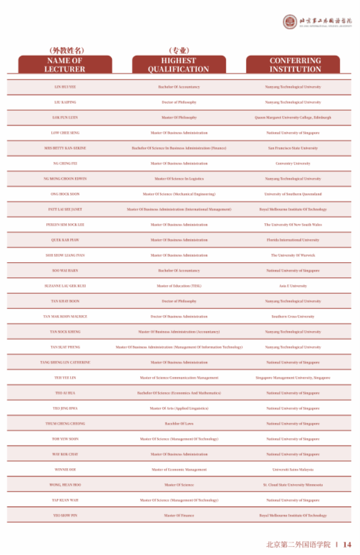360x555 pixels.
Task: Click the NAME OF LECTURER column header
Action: coord(65,65)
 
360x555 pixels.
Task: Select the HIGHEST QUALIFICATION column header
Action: coord(179,65)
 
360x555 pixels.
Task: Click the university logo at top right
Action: coord(291,22)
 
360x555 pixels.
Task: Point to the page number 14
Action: coord(347,544)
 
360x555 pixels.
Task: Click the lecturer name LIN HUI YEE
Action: coord(65,87)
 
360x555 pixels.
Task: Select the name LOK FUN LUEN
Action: coord(65,117)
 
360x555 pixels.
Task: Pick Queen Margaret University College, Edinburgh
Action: coord(293,117)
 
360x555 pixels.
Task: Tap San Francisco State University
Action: coord(293,148)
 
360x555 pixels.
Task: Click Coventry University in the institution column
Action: coord(293,164)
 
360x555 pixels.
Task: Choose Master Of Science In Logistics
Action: coord(179,179)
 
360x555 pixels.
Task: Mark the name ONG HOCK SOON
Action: coord(65,194)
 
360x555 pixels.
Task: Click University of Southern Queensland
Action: coord(293,194)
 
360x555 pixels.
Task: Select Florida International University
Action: coord(293,240)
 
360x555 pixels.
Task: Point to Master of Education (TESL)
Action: coord(179,286)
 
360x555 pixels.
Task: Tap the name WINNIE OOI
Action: coord(65,469)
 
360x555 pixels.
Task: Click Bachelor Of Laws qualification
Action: coord(179,424)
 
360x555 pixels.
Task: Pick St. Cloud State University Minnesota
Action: coord(293,485)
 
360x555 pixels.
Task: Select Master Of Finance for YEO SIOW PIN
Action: coord(179,515)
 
